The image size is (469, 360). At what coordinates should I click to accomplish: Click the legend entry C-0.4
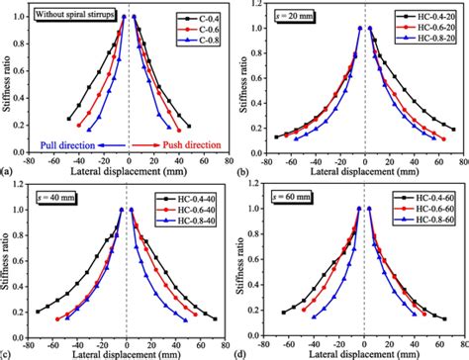click(201, 19)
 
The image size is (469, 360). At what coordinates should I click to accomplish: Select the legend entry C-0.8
click(201, 45)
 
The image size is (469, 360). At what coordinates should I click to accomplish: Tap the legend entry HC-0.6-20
click(431, 32)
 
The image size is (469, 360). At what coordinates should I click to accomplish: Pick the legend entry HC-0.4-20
click(431, 19)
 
